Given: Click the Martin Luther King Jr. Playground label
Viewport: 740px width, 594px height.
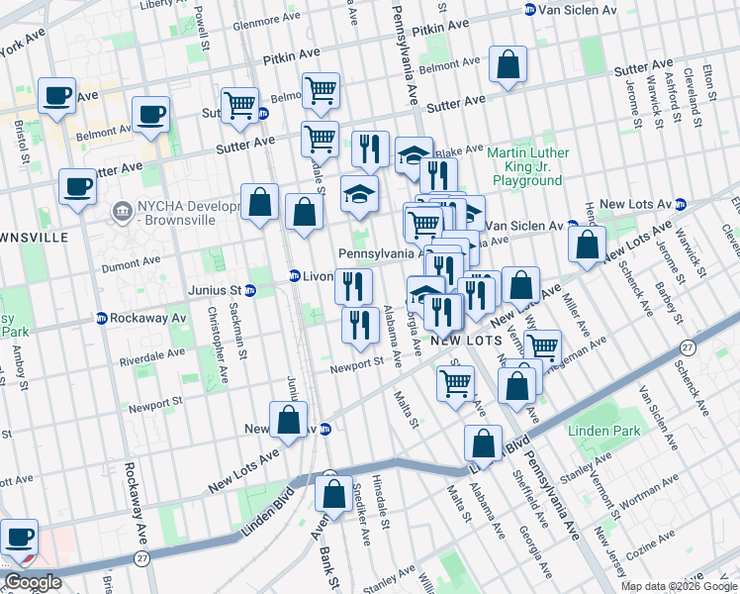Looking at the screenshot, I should coord(528,166).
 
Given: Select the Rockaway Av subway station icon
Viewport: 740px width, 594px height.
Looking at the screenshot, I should coord(101,318).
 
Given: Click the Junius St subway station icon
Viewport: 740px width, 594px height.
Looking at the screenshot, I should coord(250,290).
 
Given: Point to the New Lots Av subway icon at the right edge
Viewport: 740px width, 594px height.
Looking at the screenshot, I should coord(680,204).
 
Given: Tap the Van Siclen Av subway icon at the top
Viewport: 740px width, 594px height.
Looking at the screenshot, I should coord(529,9).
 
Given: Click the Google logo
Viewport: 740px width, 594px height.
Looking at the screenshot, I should coord(32,583).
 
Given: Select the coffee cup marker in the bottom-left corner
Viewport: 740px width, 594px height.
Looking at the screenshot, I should coord(19,539).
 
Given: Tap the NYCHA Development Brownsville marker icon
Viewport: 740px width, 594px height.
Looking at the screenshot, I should coord(122,210).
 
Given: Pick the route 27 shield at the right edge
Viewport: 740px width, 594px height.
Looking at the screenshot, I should coord(687,347).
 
